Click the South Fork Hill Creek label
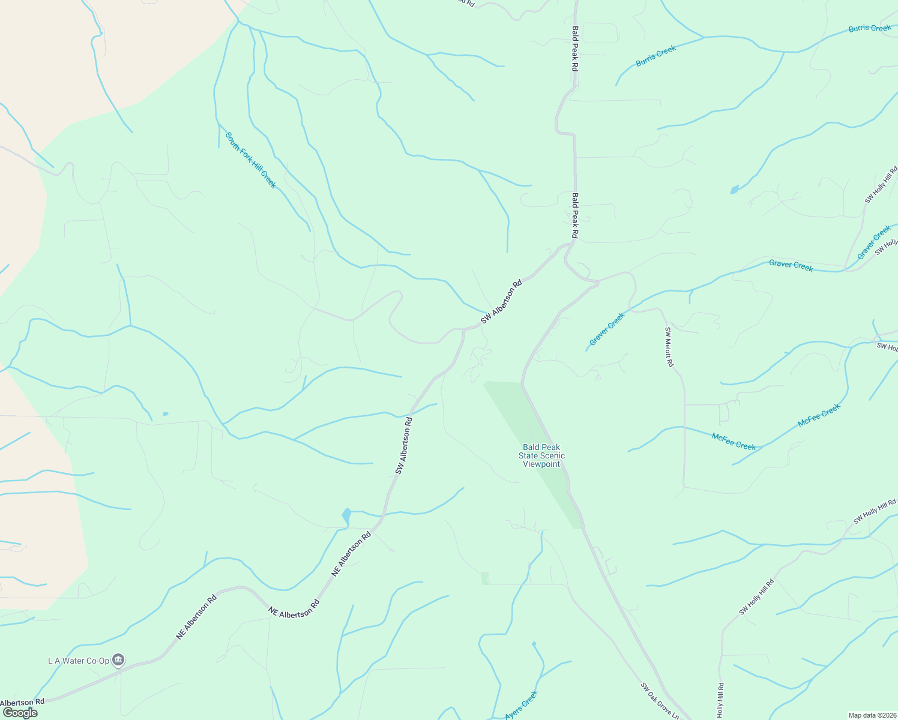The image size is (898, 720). pos(250,160)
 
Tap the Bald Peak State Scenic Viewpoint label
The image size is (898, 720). pos(541,455)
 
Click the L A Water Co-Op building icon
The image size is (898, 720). pos(118,660)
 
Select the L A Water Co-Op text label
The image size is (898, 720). pos(79,661)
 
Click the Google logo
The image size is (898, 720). pos(20,713)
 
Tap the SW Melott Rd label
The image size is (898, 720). pos(669,347)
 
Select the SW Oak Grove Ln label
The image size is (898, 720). pos(659,700)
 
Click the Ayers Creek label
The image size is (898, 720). pos(521,705)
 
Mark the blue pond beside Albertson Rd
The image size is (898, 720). pos(346,515)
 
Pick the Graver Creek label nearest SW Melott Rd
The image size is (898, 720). pos(607,329)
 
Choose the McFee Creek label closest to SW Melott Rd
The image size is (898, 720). pos(734,441)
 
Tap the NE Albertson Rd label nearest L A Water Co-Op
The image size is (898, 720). pos(196,617)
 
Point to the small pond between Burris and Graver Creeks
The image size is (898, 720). pos(734,190)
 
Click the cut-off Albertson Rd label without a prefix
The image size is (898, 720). pos(23,702)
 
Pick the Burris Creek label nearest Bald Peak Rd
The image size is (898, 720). pos(656,56)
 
